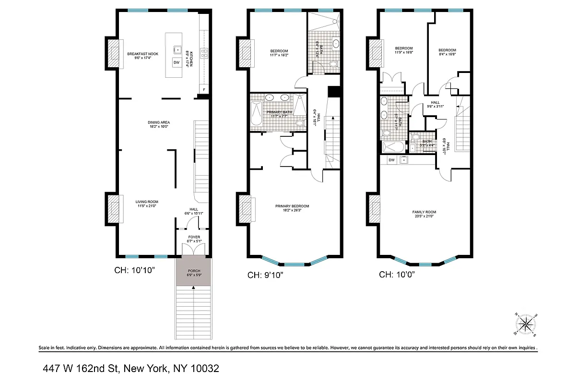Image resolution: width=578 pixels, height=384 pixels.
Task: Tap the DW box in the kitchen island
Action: (176, 63)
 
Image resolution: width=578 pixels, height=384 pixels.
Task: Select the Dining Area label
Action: (159, 122)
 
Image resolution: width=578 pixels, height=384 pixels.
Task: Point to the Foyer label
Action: (194, 237)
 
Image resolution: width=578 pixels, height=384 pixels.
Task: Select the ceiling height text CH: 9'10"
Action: (266, 276)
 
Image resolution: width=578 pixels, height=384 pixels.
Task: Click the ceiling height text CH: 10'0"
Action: (397, 275)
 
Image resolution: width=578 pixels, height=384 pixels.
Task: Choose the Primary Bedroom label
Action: (292, 206)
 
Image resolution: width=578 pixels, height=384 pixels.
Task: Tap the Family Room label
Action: (424, 212)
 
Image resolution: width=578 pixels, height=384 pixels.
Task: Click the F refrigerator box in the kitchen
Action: (204, 90)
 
